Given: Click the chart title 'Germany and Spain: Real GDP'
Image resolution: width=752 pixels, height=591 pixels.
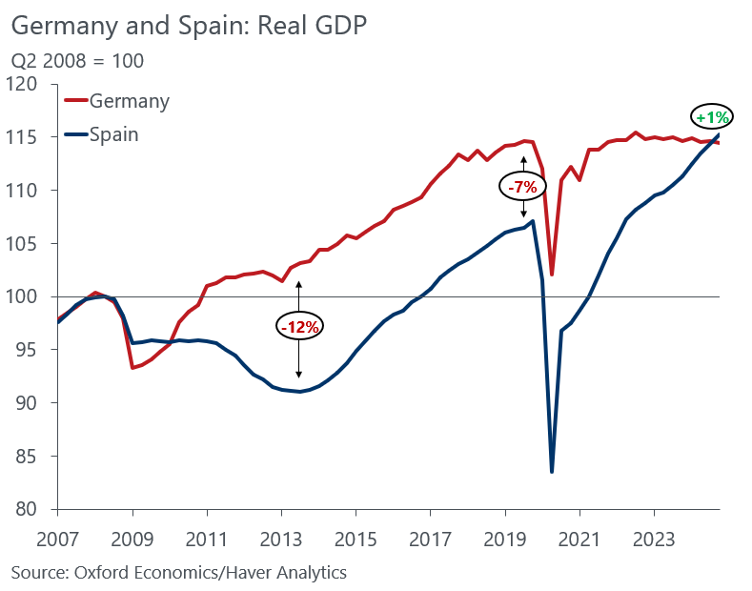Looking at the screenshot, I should pyautogui.click(x=189, y=27).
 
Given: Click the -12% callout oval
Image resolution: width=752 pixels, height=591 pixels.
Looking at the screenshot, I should pyautogui.click(x=300, y=326).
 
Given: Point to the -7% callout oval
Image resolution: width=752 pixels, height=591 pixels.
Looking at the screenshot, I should pyautogui.click(x=522, y=187).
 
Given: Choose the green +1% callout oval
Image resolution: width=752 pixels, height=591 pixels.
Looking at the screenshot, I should pyautogui.click(x=712, y=118).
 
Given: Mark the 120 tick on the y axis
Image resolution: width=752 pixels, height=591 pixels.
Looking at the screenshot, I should pyautogui.click(x=29, y=85).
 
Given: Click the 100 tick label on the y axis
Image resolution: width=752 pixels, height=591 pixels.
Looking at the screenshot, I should pyautogui.click(x=29, y=297).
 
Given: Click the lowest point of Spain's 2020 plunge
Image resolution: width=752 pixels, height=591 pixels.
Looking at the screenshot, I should pyautogui.click(x=552, y=472).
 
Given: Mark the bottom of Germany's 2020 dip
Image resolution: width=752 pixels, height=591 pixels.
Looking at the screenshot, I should pyautogui.click(x=552, y=275).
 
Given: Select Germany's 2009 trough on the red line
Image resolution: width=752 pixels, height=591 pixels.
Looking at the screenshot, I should pyautogui.click(x=132, y=368).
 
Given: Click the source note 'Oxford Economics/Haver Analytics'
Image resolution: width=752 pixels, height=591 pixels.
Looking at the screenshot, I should pyautogui.click(x=178, y=572).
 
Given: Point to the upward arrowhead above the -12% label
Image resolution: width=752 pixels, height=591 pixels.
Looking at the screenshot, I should pyautogui.click(x=299, y=283).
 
